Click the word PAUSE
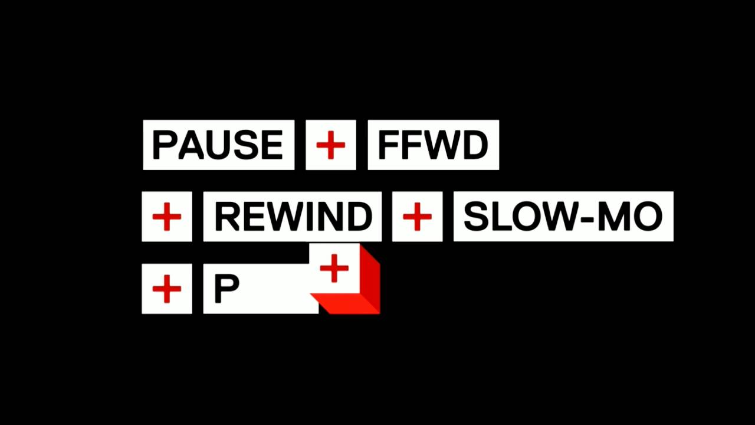[x=218, y=145]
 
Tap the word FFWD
[x=433, y=145]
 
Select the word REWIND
[x=293, y=217]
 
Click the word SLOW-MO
[x=563, y=217]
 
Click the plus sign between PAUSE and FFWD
[x=331, y=145]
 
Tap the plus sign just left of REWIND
[x=167, y=217]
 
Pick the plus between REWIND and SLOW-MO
[x=417, y=217]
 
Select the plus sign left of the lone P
[x=167, y=289]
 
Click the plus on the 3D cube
[x=334, y=268]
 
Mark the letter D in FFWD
[x=475, y=145]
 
